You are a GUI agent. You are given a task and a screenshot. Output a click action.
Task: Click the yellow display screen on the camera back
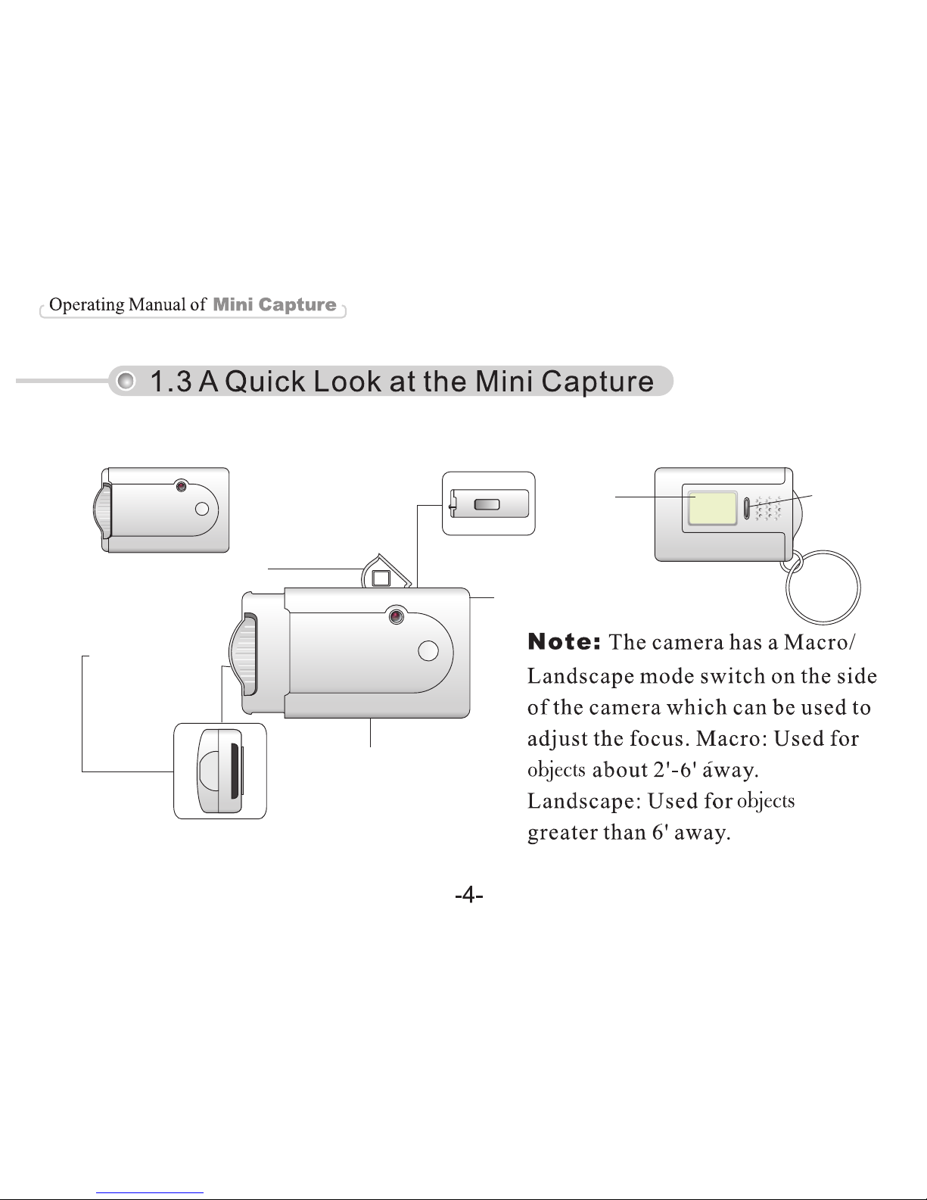(712, 508)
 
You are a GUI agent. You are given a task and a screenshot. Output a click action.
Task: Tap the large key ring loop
(788, 587)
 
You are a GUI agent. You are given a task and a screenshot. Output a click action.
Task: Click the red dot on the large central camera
(397, 616)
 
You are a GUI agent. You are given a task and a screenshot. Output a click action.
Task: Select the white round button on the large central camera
(428, 650)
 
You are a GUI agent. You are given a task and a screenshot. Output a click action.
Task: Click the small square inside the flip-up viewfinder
(381, 578)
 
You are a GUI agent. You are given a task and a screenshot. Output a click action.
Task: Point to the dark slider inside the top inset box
(487, 504)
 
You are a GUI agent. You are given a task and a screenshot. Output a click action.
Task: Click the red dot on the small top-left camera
(181, 486)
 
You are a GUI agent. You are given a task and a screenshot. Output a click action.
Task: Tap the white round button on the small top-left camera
(202, 509)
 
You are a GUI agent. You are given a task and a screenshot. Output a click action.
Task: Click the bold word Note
(564, 642)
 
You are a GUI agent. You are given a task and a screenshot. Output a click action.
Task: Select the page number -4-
(469, 894)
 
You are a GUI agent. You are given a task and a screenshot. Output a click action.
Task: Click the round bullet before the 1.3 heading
(126, 381)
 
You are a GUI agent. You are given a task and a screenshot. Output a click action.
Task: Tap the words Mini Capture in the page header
(274, 304)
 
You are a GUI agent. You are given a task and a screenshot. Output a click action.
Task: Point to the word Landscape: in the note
(583, 801)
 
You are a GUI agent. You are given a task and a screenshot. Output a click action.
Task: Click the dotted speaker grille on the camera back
(768, 508)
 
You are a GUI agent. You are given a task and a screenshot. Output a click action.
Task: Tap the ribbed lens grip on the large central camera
(244, 654)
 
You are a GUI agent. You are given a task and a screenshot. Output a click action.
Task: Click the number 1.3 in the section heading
(170, 382)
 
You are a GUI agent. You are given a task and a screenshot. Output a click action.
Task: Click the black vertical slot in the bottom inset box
(235, 771)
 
